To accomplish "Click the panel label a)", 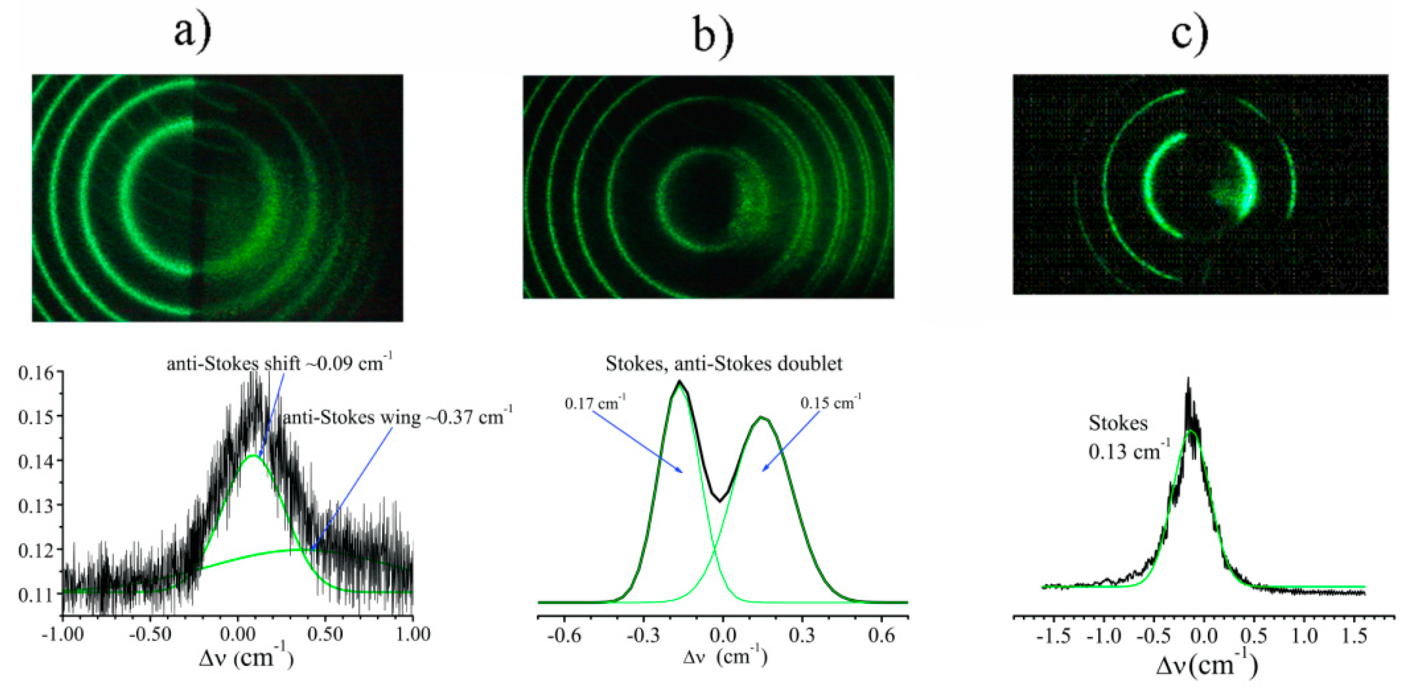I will point(192,33).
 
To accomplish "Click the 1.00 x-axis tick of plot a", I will point(412,635).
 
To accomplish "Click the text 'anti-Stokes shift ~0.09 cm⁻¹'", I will point(279,363).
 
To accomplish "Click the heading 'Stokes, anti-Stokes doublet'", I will point(724,364).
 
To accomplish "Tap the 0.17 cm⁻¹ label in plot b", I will point(595,404).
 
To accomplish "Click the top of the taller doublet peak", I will point(679,381).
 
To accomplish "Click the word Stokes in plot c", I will point(1118,423).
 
